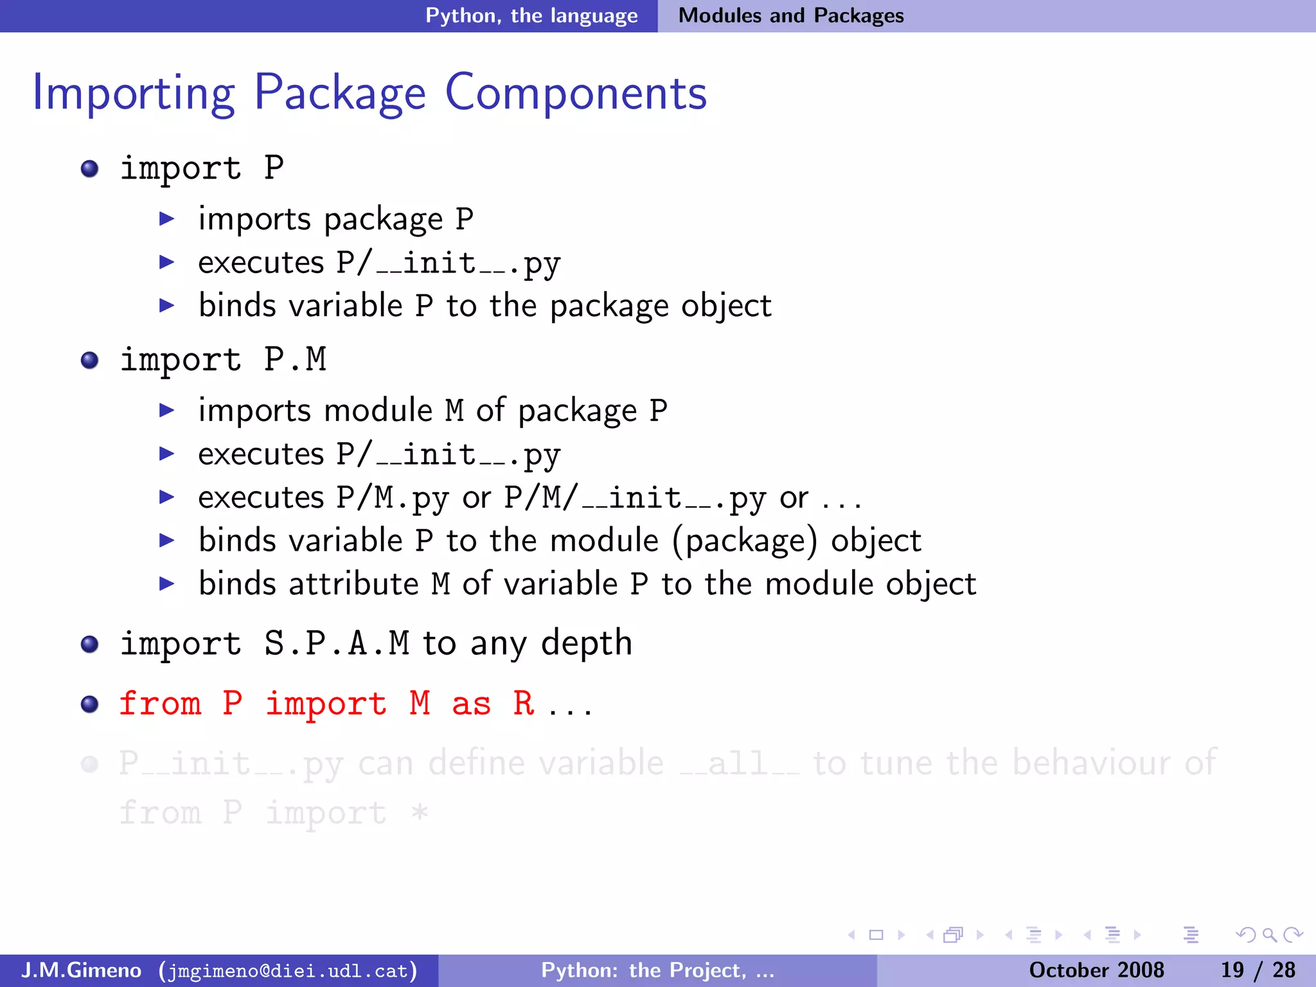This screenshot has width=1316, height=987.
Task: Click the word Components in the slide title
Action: [576, 93]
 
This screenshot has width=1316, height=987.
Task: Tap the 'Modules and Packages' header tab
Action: [791, 15]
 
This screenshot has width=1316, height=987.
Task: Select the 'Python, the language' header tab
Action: [531, 15]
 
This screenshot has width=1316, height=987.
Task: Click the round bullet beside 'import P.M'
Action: [90, 360]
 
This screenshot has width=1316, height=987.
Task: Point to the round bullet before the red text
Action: [90, 704]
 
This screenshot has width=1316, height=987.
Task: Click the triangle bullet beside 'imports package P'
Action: [167, 219]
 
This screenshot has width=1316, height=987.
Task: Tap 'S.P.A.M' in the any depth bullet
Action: [337, 643]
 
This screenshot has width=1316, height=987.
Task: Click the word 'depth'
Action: [587, 643]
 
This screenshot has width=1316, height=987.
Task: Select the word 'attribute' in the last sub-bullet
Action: [353, 583]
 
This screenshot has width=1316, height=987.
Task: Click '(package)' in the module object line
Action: [745, 540]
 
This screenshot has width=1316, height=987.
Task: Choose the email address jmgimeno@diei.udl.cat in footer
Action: [288, 970]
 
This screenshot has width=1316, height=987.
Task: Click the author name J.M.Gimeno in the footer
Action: [81, 970]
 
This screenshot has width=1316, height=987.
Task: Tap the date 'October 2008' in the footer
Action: [1096, 970]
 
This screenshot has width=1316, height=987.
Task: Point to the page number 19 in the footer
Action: [1232, 970]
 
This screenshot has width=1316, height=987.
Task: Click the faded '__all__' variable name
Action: [739, 763]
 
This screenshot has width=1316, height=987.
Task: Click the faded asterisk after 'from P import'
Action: [420, 812]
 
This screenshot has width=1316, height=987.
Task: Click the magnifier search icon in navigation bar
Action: [1269, 935]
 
